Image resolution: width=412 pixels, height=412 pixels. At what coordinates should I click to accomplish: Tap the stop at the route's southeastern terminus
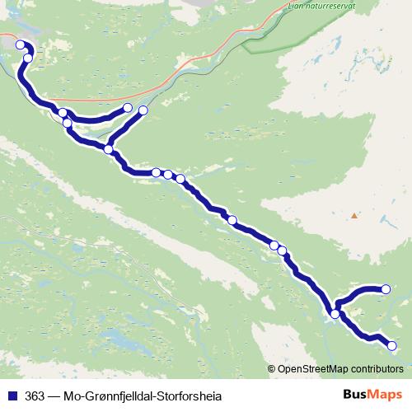click(392, 346)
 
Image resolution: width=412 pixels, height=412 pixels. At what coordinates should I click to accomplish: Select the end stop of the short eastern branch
click(385, 288)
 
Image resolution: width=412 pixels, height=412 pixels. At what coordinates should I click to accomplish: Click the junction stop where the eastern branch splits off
click(335, 314)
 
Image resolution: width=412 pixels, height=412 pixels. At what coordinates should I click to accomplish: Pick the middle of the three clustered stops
click(168, 174)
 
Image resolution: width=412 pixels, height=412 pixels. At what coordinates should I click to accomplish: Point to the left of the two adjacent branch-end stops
click(129, 108)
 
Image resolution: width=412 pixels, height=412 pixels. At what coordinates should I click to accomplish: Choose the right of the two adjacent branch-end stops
click(143, 110)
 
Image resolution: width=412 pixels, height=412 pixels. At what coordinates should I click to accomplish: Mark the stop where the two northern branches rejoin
click(109, 149)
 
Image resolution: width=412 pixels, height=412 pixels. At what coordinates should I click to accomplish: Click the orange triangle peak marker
click(354, 216)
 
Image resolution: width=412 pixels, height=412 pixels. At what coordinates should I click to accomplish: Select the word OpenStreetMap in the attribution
click(312, 368)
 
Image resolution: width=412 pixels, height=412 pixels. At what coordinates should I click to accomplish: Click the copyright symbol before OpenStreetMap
click(273, 368)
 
